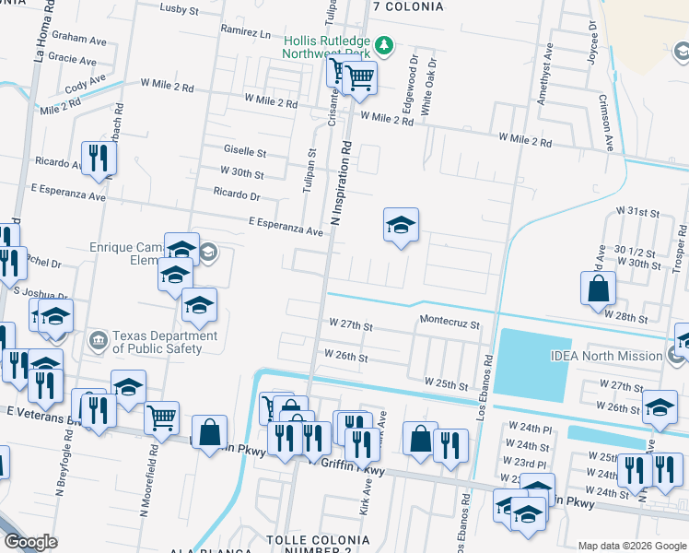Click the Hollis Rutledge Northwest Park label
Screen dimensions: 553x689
tap(327, 48)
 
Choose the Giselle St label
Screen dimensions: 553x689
tap(245, 151)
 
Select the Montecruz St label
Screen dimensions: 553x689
tap(450, 324)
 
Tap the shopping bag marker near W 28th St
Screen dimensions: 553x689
tap(598, 287)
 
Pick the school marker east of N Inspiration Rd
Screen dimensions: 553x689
tap(401, 225)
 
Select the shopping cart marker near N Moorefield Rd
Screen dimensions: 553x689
tap(162, 417)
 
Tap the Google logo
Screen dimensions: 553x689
tap(30, 542)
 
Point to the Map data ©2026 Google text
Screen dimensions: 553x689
tap(631, 546)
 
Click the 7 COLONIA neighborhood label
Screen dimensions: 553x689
tap(408, 6)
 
